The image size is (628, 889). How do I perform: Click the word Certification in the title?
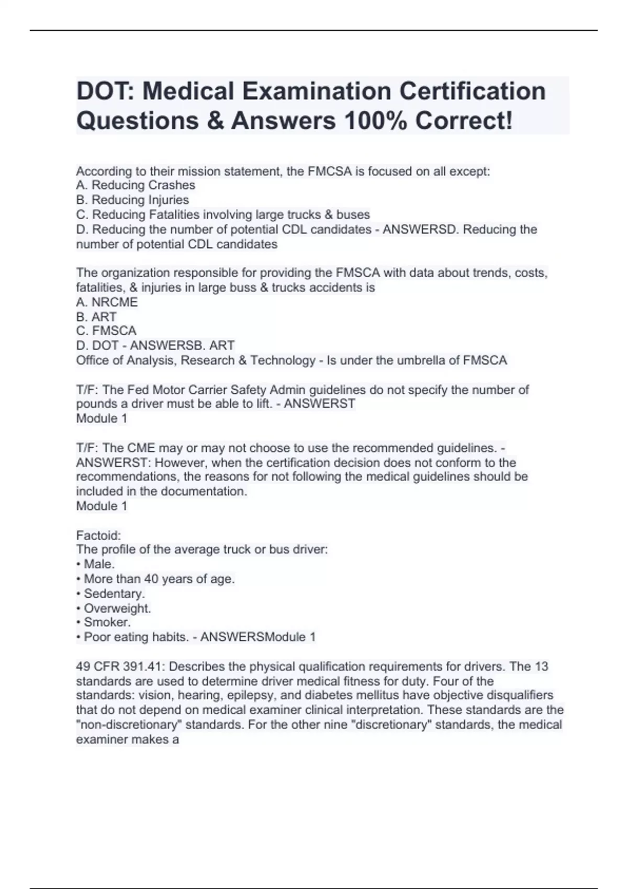473,91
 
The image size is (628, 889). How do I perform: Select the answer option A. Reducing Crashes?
136,185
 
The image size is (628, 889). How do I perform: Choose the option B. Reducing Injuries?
132,200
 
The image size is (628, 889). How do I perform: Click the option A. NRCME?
107,302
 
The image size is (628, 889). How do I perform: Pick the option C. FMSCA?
106,331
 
